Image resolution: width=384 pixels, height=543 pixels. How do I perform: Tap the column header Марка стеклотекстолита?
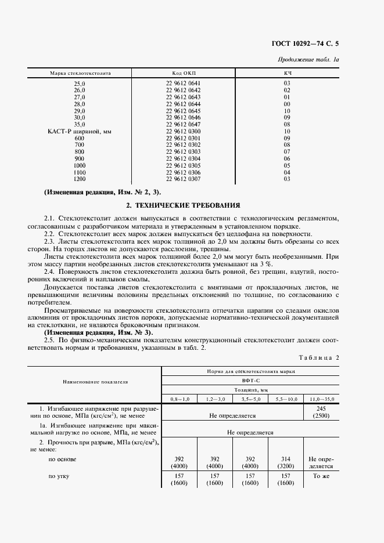[x=80, y=74]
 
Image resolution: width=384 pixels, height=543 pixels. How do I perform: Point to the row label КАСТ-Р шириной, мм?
[x=79, y=132]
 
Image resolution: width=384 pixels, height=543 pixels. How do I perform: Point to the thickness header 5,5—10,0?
[x=285, y=400]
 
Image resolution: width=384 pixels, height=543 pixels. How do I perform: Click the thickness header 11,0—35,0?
[x=321, y=400]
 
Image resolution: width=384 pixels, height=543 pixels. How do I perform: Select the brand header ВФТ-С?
[x=250, y=380]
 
